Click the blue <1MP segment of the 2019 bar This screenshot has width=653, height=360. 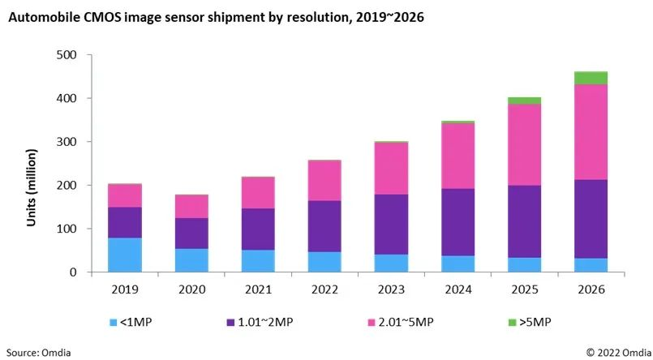(x=124, y=255)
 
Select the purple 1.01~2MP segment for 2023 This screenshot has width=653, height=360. (x=391, y=225)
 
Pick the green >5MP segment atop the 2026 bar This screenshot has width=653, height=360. (x=591, y=78)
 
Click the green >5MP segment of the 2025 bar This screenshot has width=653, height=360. (x=524, y=101)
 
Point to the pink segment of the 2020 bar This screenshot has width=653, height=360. (x=191, y=207)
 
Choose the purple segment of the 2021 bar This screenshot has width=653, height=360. (x=258, y=229)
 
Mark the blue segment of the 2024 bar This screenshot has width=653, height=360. (x=458, y=264)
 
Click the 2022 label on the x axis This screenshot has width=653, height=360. (x=324, y=289)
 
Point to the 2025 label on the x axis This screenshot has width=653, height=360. (x=524, y=289)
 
